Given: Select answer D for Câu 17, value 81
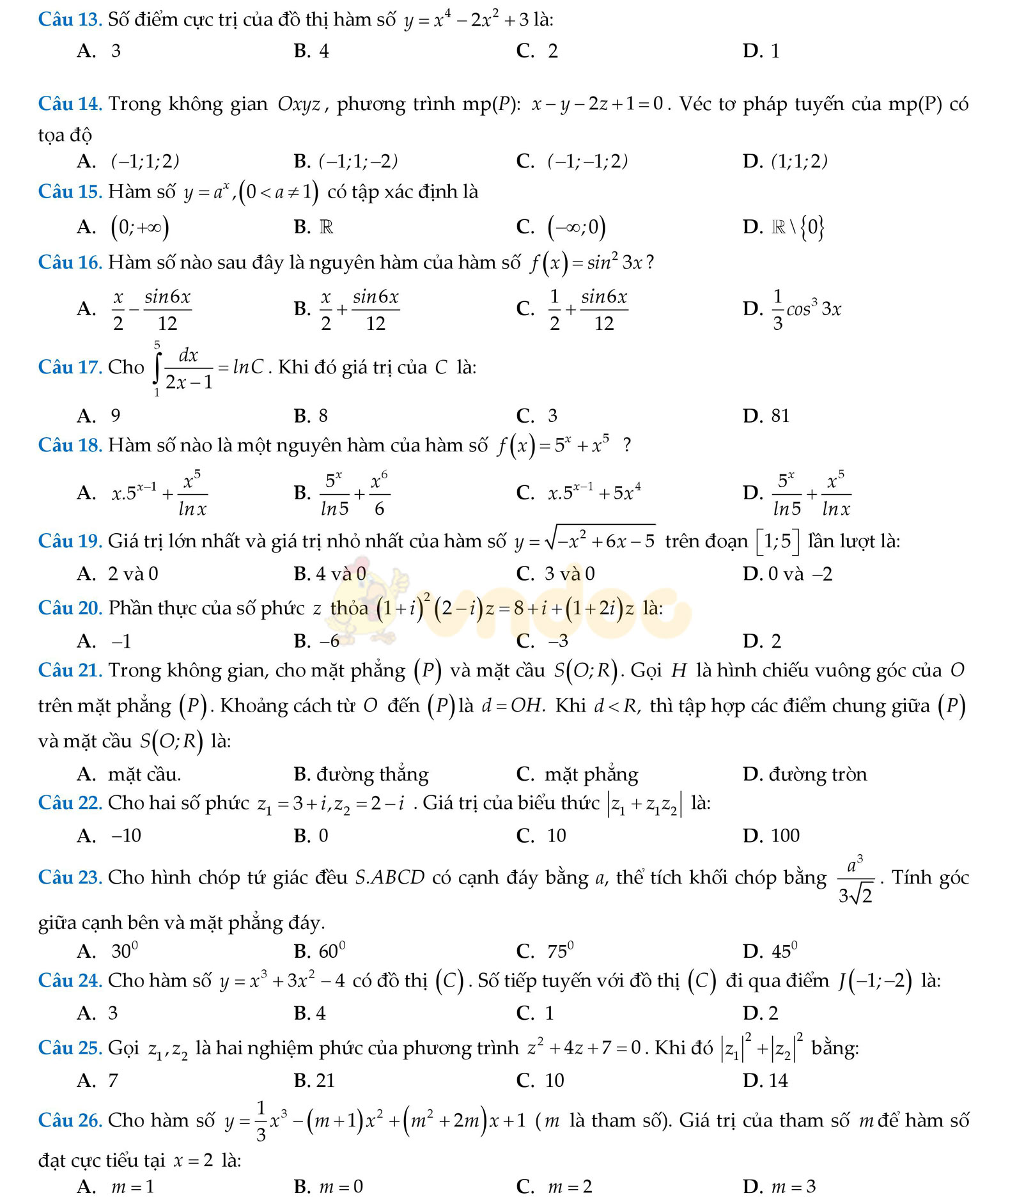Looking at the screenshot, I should [x=780, y=416].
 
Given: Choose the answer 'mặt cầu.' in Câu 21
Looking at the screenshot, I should [x=144, y=774].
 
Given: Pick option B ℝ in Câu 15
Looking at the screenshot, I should [x=326, y=227].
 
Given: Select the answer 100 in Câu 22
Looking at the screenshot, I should [x=785, y=836].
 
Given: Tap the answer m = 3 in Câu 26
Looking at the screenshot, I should [x=793, y=1187].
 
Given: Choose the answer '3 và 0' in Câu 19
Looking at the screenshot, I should [x=570, y=574].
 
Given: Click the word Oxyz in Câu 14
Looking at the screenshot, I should [x=299, y=104].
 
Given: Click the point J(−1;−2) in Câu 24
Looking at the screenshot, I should [x=875, y=980].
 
